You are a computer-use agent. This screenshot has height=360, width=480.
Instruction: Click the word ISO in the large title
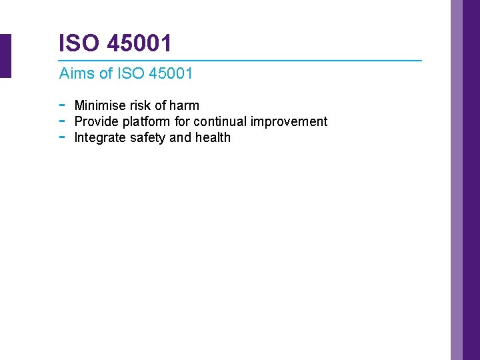tap(75, 43)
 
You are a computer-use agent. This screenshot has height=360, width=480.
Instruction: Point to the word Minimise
tap(100, 105)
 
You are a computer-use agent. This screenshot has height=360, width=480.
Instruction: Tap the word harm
tap(184, 105)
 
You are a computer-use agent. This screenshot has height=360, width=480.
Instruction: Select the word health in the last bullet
tap(213, 137)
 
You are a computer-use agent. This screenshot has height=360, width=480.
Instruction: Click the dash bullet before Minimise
tap(61, 105)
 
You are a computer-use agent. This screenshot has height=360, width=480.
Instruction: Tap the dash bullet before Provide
tap(61, 121)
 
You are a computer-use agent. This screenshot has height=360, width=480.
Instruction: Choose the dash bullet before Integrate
tap(61, 137)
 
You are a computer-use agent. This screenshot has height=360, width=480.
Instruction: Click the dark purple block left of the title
tap(5, 56)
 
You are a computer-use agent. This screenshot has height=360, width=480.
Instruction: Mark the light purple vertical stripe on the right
tap(457, 180)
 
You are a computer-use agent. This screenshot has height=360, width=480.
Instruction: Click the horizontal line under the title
tap(240, 61)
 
